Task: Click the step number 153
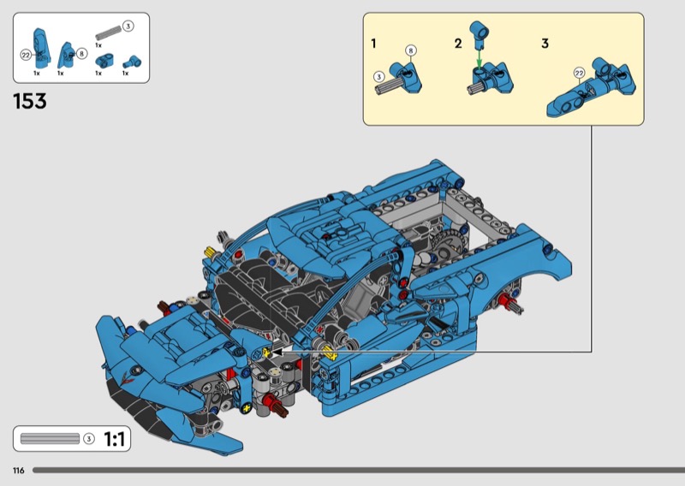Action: [x=30, y=101]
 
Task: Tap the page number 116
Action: [x=19, y=471]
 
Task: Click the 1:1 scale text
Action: [x=115, y=439]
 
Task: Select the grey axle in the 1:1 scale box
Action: [x=50, y=438]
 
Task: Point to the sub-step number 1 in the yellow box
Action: [x=373, y=44]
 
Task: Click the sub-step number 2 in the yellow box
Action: [x=458, y=44]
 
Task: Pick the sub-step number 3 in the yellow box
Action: [x=545, y=44]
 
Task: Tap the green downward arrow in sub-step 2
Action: [x=479, y=58]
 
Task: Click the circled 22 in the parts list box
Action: [x=26, y=55]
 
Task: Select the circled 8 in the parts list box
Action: [x=81, y=54]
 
